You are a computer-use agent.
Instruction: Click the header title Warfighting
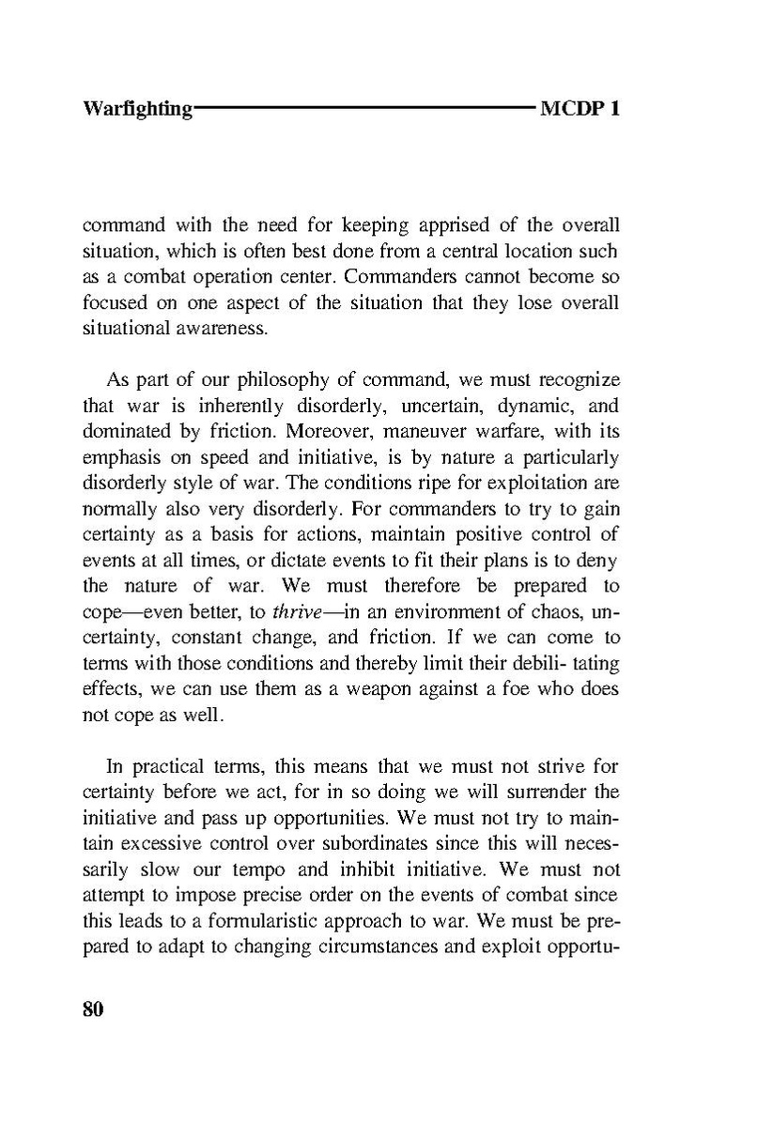(137, 110)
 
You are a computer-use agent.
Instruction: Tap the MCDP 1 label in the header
(580, 109)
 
